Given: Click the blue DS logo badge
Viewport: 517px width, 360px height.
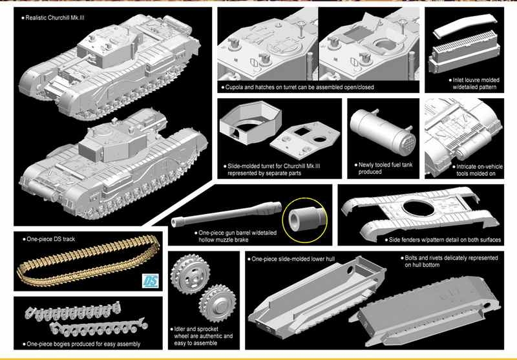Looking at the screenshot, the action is (x=150, y=281).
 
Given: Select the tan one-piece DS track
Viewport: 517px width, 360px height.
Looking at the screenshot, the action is (x=89, y=260).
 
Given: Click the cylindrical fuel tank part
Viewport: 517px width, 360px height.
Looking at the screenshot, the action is (x=382, y=131).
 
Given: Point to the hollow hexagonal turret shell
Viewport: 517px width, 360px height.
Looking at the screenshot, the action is (x=251, y=122).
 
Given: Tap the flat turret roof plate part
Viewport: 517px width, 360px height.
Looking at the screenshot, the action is (x=304, y=138).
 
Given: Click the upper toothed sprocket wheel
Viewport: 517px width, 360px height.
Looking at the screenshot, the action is (x=191, y=274).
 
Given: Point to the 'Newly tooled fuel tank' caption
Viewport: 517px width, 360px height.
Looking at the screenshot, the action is (x=385, y=165).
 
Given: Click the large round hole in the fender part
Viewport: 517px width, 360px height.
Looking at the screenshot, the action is (x=418, y=208).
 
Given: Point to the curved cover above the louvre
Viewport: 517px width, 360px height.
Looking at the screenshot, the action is (x=465, y=25).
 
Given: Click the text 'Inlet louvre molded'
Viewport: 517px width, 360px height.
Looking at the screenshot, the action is (x=476, y=80).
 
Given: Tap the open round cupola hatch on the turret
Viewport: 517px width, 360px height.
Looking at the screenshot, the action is (x=384, y=45).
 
